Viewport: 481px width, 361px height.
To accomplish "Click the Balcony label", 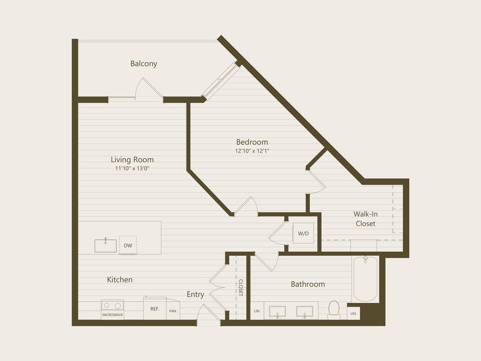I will click(144, 64).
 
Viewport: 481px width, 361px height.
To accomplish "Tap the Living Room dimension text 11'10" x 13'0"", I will click(132, 169).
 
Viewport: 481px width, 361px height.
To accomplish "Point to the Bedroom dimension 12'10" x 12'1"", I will click(252, 151).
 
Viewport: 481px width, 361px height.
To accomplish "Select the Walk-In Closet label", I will click(366, 219).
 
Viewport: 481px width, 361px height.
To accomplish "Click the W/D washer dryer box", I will click(303, 234).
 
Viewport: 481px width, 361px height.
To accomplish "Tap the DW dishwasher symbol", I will click(128, 246).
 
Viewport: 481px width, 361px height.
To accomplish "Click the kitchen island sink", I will click(105, 246).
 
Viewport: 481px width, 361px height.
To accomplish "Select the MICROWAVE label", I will click(112, 315).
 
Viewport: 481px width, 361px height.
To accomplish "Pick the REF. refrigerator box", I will click(154, 309).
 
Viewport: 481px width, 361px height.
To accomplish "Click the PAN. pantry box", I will click(173, 311).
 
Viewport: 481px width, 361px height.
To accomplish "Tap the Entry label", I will click(195, 294).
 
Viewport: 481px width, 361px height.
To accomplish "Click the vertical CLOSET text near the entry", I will click(240, 288).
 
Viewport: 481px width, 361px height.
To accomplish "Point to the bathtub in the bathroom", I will click(365, 279).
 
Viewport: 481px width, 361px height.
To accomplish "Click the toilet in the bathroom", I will click(334, 310).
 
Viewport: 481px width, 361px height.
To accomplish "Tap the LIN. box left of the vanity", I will click(257, 311).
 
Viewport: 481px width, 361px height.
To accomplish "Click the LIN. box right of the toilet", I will click(353, 314).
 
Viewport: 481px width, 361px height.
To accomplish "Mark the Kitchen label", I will click(120, 280).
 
